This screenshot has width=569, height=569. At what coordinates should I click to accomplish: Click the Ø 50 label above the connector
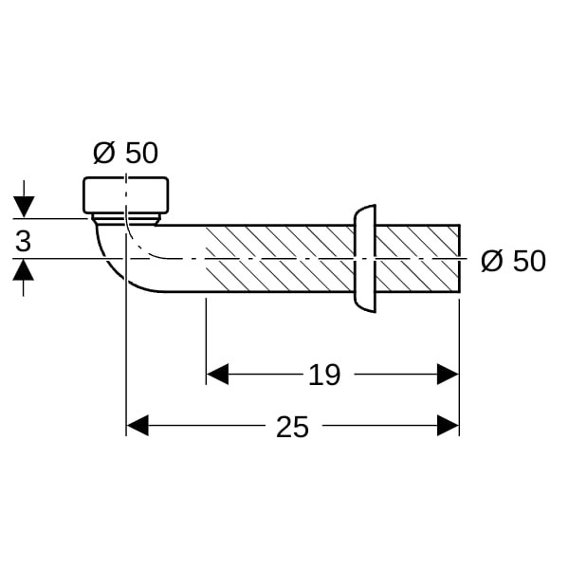125,153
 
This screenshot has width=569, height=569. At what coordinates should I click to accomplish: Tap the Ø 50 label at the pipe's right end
513,261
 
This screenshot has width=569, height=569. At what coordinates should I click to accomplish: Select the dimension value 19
324,375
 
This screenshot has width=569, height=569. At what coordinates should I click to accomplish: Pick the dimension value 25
292,427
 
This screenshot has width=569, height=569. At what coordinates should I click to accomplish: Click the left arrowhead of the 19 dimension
217,375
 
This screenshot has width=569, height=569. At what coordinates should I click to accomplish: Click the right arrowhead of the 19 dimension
448,375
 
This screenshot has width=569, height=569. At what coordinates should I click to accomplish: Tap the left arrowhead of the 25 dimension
138,427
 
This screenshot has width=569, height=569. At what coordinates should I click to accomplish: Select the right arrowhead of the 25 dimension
448,427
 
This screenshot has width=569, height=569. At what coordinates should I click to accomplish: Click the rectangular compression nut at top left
125,194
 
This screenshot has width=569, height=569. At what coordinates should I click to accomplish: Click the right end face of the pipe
459,258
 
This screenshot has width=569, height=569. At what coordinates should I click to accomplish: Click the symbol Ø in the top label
104,153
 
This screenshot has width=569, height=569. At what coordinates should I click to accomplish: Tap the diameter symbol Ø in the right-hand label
491,261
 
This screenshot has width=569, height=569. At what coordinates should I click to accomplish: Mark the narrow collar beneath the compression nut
125,219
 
